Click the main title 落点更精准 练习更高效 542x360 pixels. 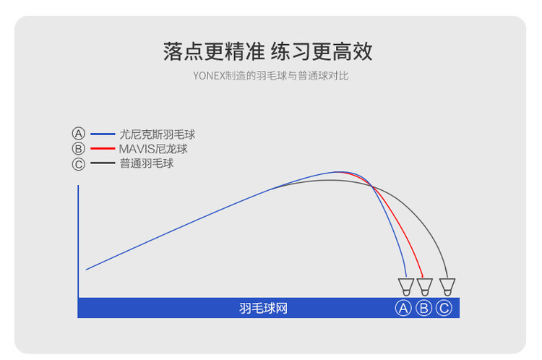click(x=267, y=51)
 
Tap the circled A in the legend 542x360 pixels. click(x=79, y=134)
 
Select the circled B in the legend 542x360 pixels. click(x=79, y=149)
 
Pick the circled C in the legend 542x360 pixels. click(x=79, y=164)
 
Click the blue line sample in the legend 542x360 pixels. click(x=103, y=134)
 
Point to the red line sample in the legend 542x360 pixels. click(x=103, y=148)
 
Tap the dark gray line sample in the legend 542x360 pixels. click(x=103, y=163)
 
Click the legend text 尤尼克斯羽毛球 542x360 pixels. click(x=158, y=134)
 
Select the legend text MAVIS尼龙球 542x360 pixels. click(x=153, y=149)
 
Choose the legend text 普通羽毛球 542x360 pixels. click(x=147, y=163)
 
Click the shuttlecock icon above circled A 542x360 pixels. click(x=406, y=287)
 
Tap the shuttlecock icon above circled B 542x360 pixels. click(x=425, y=287)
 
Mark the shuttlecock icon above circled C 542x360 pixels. click(x=447, y=287)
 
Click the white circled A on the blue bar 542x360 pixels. click(x=403, y=308)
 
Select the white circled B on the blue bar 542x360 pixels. click(x=423, y=308)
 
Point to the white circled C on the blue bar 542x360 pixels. click(x=444, y=308)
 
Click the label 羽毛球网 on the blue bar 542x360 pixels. click(x=263, y=308)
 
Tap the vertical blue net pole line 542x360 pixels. click(x=78, y=241)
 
